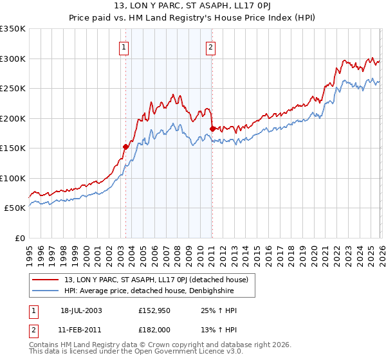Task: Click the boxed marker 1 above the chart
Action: coord(123,46)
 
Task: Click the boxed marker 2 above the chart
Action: coord(210,46)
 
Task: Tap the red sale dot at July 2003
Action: coord(126,147)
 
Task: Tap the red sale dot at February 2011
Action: coord(212,129)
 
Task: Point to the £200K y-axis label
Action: coord(13,118)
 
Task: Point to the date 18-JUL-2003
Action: coord(80,310)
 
